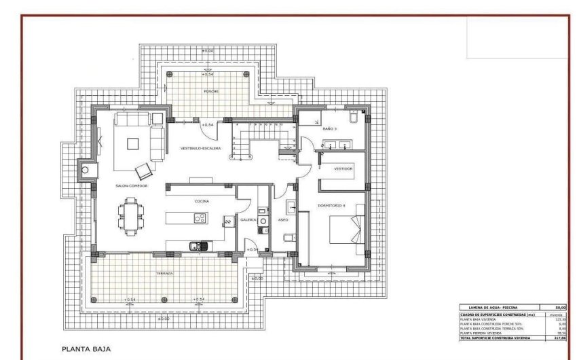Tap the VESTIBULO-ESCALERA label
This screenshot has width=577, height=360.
tap(200, 148)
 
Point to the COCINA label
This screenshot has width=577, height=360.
tap(202, 201)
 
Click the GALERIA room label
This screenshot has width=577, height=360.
tap(248, 219)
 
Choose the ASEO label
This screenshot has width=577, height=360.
tap(284, 219)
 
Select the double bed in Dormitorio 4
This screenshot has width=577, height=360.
tap(347, 228)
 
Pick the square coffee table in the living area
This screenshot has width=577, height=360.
tap(132, 143)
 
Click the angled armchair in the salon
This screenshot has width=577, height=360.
tap(144, 170)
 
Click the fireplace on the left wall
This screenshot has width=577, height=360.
tap(86, 170)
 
